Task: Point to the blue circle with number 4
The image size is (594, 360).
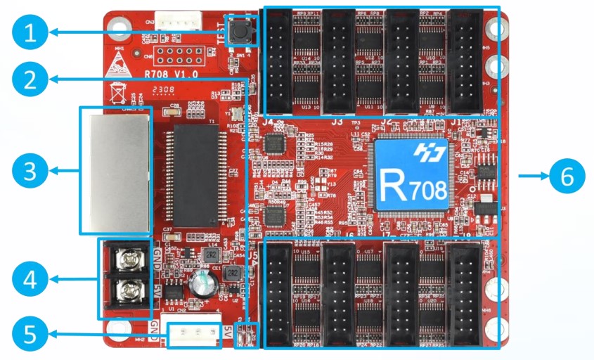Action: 28,281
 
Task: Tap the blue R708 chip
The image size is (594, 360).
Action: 411,176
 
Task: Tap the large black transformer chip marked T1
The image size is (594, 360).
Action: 195,176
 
